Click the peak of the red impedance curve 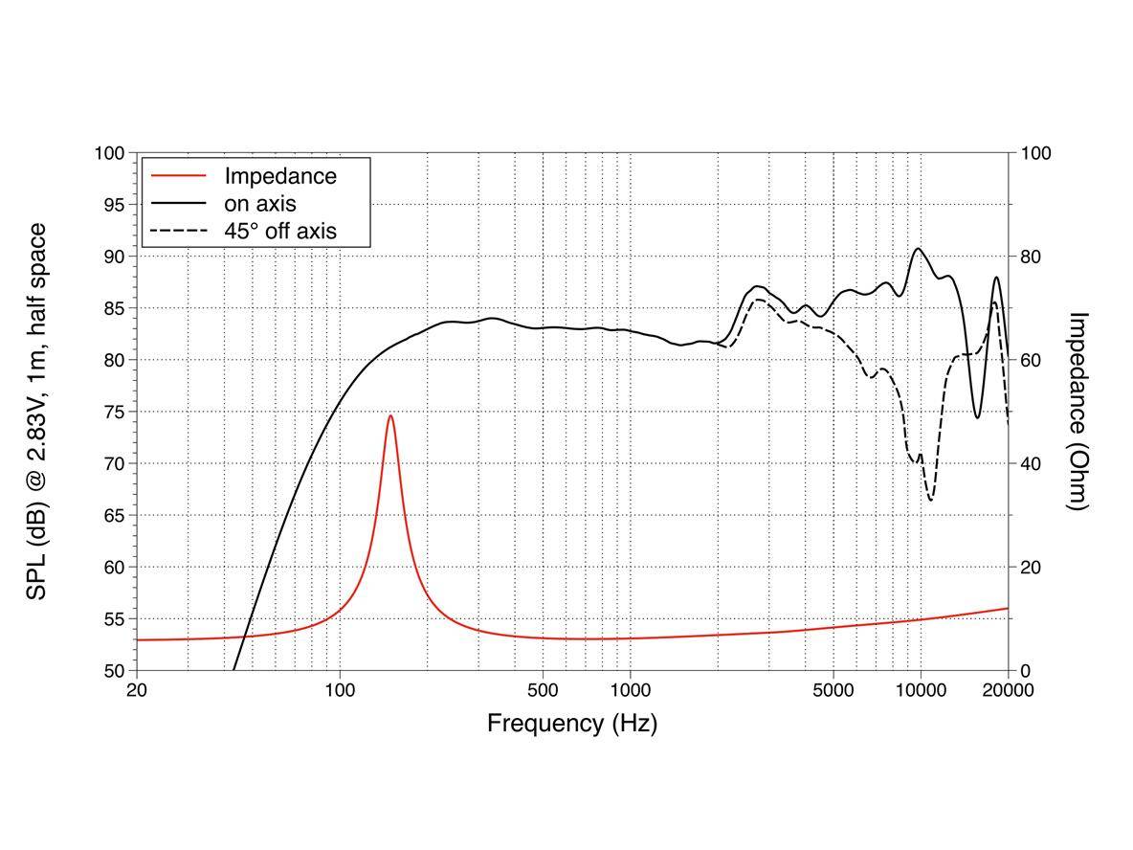[390, 415]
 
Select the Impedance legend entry [280, 176]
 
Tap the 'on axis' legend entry [259, 204]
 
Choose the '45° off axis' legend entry [280, 231]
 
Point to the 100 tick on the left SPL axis [111, 153]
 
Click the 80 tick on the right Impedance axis [1034, 257]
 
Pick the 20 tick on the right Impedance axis [1034, 567]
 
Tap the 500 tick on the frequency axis [543, 689]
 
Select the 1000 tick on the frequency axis [630, 689]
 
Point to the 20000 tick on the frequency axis [1008, 689]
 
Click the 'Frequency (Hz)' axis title [572, 723]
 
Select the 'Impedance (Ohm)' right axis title [1078, 412]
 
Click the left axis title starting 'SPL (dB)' [36, 412]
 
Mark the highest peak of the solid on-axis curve [919, 249]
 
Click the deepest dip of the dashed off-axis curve [931, 499]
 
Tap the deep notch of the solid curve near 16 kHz [977, 417]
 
